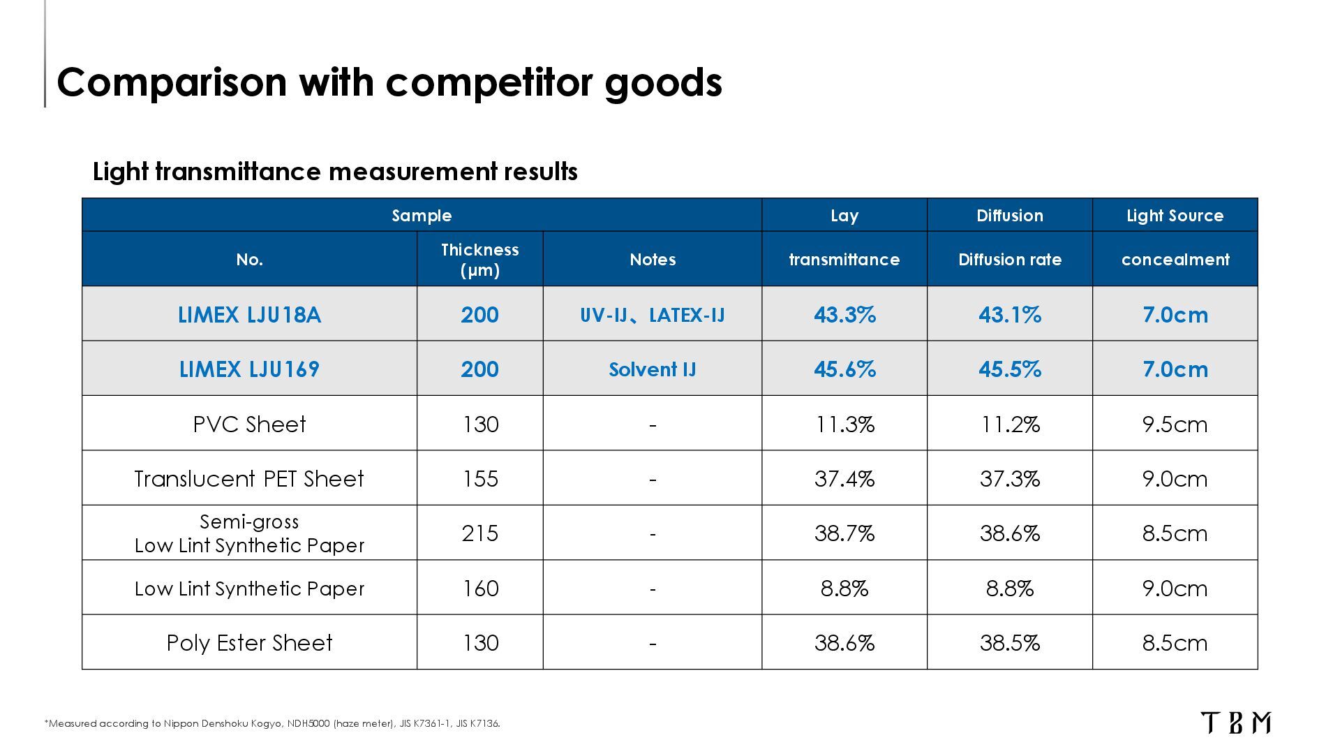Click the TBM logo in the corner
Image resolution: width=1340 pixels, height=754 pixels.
(x=1235, y=723)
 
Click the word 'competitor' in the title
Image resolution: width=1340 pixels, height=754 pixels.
(x=489, y=82)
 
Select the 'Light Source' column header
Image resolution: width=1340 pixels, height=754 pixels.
(x=1175, y=215)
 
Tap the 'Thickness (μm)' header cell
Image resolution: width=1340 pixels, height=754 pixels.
(x=480, y=259)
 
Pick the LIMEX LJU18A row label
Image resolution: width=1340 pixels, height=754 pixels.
(x=249, y=315)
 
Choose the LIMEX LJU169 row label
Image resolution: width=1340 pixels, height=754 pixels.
(x=249, y=369)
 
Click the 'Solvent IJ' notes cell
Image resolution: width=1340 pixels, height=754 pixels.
(x=653, y=369)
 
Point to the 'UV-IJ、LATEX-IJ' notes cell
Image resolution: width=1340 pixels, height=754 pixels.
(x=653, y=315)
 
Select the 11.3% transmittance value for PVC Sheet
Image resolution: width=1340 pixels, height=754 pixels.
(x=844, y=424)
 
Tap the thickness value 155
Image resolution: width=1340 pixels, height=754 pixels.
(x=480, y=479)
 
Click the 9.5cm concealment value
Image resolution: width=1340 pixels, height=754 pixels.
(x=1175, y=424)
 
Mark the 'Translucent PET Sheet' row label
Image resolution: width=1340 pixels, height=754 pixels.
(x=249, y=479)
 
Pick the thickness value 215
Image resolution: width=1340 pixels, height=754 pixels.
(x=480, y=533)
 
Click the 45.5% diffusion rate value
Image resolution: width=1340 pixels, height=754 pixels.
(x=1010, y=369)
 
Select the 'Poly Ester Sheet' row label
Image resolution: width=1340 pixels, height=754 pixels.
(x=249, y=643)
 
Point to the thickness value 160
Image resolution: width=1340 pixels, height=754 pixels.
(x=480, y=589)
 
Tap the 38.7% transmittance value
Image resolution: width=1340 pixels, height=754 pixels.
(x=844, y=533)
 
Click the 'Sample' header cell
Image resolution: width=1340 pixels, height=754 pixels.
(x=422, y=216)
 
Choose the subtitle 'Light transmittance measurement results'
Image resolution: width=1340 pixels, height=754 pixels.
(x=335, y=172)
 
